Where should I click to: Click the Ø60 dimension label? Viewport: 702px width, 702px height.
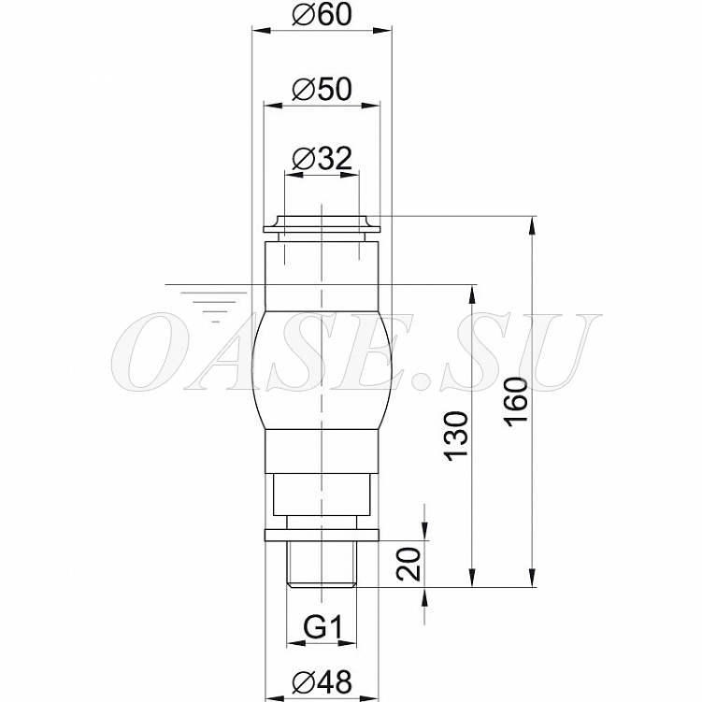click(322, 15)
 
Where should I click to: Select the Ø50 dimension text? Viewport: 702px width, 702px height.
click(322, 89)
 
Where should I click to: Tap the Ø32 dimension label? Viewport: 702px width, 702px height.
click(322, 159)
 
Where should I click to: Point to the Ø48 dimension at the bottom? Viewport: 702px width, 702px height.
click(322, 682)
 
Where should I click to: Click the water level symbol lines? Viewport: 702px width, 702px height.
click(214, 307)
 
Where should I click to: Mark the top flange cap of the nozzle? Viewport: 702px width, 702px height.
click(322, 224)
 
